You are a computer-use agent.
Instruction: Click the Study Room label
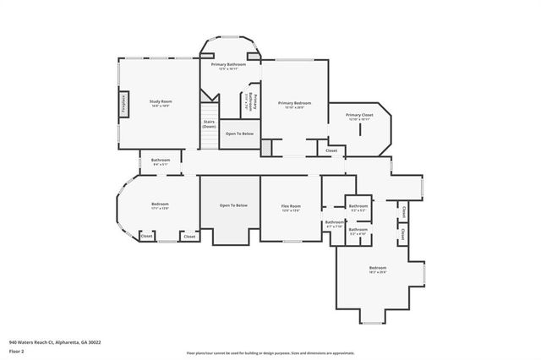[x=161, y=101]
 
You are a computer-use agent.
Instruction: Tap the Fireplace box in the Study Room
[x=123, y=103]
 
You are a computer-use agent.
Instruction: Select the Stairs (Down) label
[x=209, y=123]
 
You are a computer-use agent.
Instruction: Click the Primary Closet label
[x=359, y=116]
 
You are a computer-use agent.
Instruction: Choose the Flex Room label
[x=291, y=205]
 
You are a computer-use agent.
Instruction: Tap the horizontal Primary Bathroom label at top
[x=228, y=64]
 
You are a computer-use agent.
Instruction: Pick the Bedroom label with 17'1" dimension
[x=160, y=204]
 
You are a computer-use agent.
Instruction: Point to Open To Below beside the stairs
[x=240, y=134]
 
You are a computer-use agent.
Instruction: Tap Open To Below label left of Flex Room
[x=232, y=205]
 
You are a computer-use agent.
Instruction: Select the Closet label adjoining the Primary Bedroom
[x=331, y=150]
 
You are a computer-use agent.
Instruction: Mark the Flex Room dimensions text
[x=291, y=211]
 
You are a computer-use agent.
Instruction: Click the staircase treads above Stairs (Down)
[x=209, y=111]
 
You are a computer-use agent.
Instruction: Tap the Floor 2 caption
[x=16, y=352]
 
